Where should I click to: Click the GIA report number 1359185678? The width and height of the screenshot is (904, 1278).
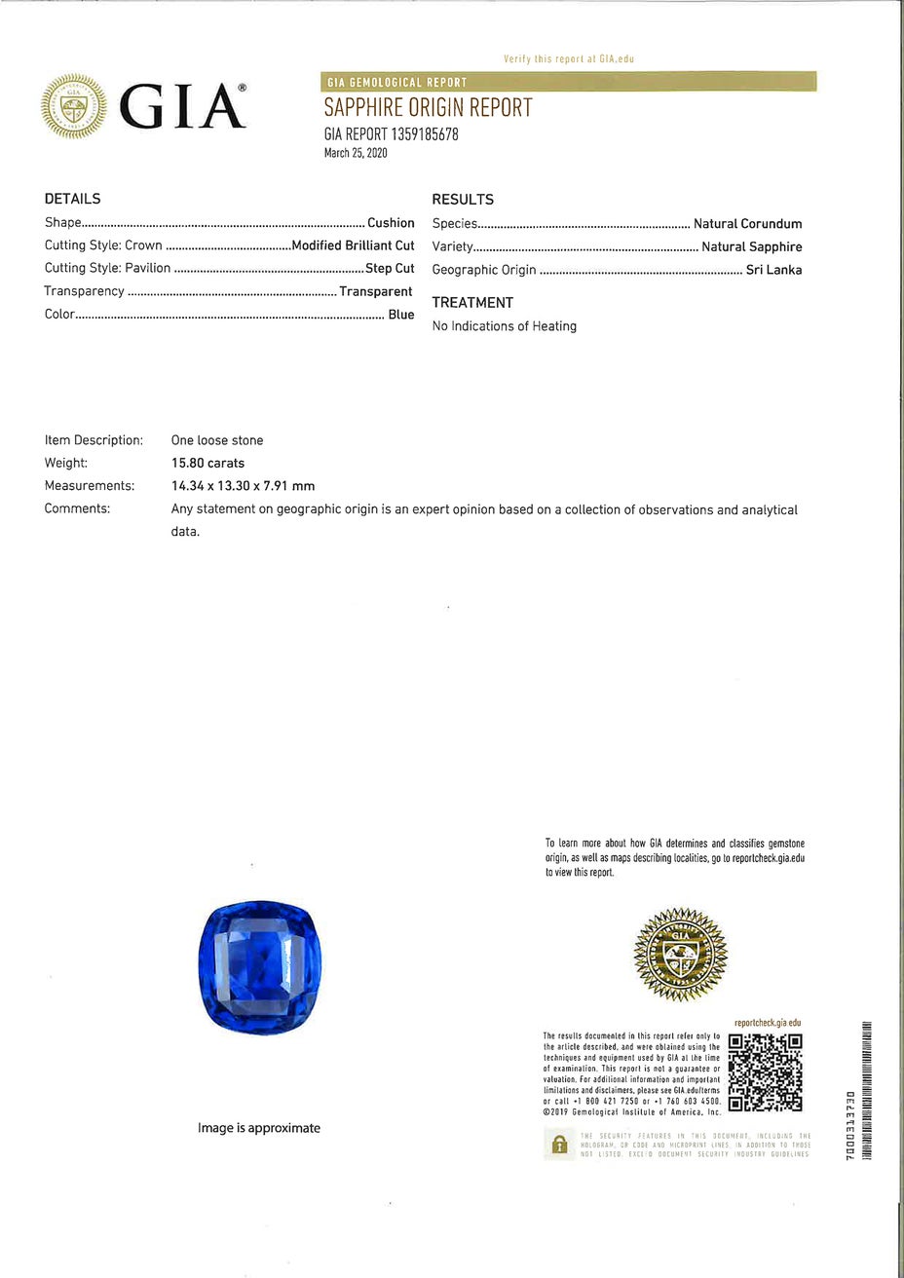[x=391, y=134]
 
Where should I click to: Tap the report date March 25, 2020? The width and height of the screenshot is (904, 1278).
[x=356, y=153]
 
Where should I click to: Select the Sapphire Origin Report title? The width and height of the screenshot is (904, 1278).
[x=428, y=107]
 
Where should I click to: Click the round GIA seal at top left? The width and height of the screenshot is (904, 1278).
[x=74, y=106]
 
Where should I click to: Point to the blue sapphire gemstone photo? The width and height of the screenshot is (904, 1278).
[x=259, y=966]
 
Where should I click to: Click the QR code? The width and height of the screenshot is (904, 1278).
[x=765, y=1071]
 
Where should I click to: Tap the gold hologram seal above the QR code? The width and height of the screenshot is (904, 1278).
[x=680, y=954]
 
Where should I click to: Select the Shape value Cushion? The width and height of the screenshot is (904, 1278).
[x=391, y=223]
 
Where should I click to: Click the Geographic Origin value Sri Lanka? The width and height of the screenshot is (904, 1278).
[x=773, y=270]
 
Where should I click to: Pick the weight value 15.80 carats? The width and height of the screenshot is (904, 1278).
[x=207, y=463]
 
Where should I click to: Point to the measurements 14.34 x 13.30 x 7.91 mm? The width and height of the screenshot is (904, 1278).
[x=243, y=486]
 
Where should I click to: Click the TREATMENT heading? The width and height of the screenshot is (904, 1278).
[x=472, y=303]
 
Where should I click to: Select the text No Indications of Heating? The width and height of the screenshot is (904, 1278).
[x=505, y=326]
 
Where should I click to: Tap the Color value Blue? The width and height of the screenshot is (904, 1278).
[x=401, y=315]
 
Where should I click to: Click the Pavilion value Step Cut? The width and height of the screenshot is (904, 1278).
[x=390, y=268]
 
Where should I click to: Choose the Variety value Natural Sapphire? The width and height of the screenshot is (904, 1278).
[x=752, y=246]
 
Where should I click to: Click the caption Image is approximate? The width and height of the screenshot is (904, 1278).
[x=259, y=1128]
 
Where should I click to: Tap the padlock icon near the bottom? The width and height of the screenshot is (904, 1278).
[x=559, y=1145]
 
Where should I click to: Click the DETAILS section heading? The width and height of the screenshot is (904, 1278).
[x=73, y=199]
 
